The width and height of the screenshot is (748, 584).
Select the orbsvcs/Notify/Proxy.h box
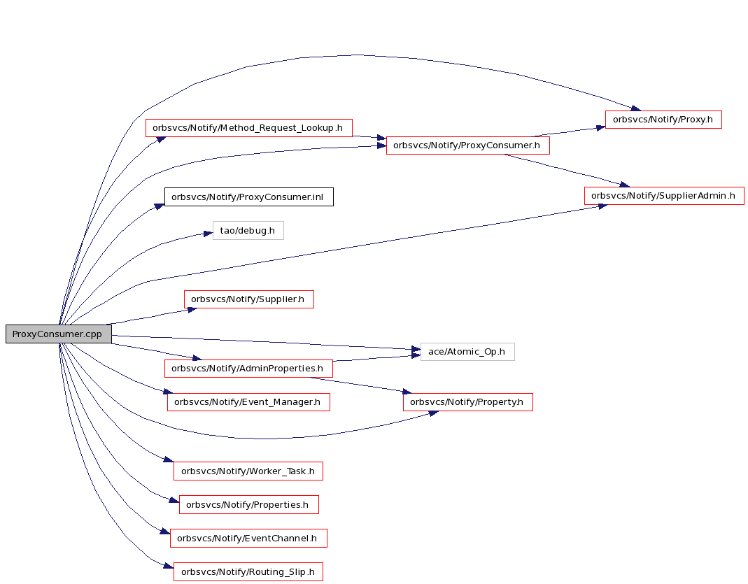coord(663,119)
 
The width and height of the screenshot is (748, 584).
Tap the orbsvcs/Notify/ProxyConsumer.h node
coord(467,145)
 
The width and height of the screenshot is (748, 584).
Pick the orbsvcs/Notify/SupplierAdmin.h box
coord(664,195)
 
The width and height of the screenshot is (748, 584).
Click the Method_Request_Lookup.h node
coord(248,128)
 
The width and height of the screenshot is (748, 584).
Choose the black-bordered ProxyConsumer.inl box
coord(248,197)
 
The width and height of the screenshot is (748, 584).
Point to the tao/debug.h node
coord(248,230)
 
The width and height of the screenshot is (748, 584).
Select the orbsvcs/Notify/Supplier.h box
coord(249,299)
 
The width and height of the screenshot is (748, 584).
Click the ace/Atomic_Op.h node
coord(467,351)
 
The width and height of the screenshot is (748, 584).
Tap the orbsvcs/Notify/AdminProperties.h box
coord(248,369)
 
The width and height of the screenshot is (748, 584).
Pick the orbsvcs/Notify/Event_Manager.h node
coord(248,402)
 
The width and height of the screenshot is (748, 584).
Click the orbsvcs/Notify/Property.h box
coord(467,402)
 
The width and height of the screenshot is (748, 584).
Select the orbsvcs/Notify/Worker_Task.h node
coord(248,471)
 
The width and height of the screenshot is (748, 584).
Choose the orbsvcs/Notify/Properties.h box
coord(248,504)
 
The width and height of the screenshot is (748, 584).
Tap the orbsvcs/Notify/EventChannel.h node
coord(248,539)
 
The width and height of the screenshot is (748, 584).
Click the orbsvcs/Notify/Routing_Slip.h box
coord(248,571)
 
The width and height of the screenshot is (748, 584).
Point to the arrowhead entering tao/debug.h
coord(208,234)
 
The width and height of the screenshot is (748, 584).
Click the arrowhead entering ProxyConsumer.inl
coord(160,206)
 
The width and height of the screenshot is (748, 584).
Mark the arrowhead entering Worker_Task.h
coord(169,460)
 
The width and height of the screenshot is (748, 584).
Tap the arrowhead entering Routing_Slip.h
coord(169,566)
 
